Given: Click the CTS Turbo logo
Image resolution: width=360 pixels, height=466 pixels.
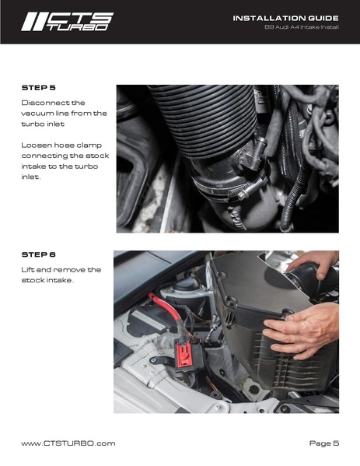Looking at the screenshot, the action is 67,22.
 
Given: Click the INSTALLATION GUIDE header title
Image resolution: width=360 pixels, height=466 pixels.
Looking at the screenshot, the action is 285,18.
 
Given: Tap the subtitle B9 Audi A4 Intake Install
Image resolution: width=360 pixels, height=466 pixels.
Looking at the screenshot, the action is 302,27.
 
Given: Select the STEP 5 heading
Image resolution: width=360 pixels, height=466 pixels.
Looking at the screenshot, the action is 38,88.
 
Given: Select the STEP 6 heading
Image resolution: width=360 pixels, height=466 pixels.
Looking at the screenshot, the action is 38,254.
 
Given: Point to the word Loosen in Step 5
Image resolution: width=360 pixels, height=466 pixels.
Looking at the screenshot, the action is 33,145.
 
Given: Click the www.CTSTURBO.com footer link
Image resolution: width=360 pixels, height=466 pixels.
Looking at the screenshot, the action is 68,443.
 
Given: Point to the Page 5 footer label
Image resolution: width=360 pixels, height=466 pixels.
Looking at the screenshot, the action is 323,443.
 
